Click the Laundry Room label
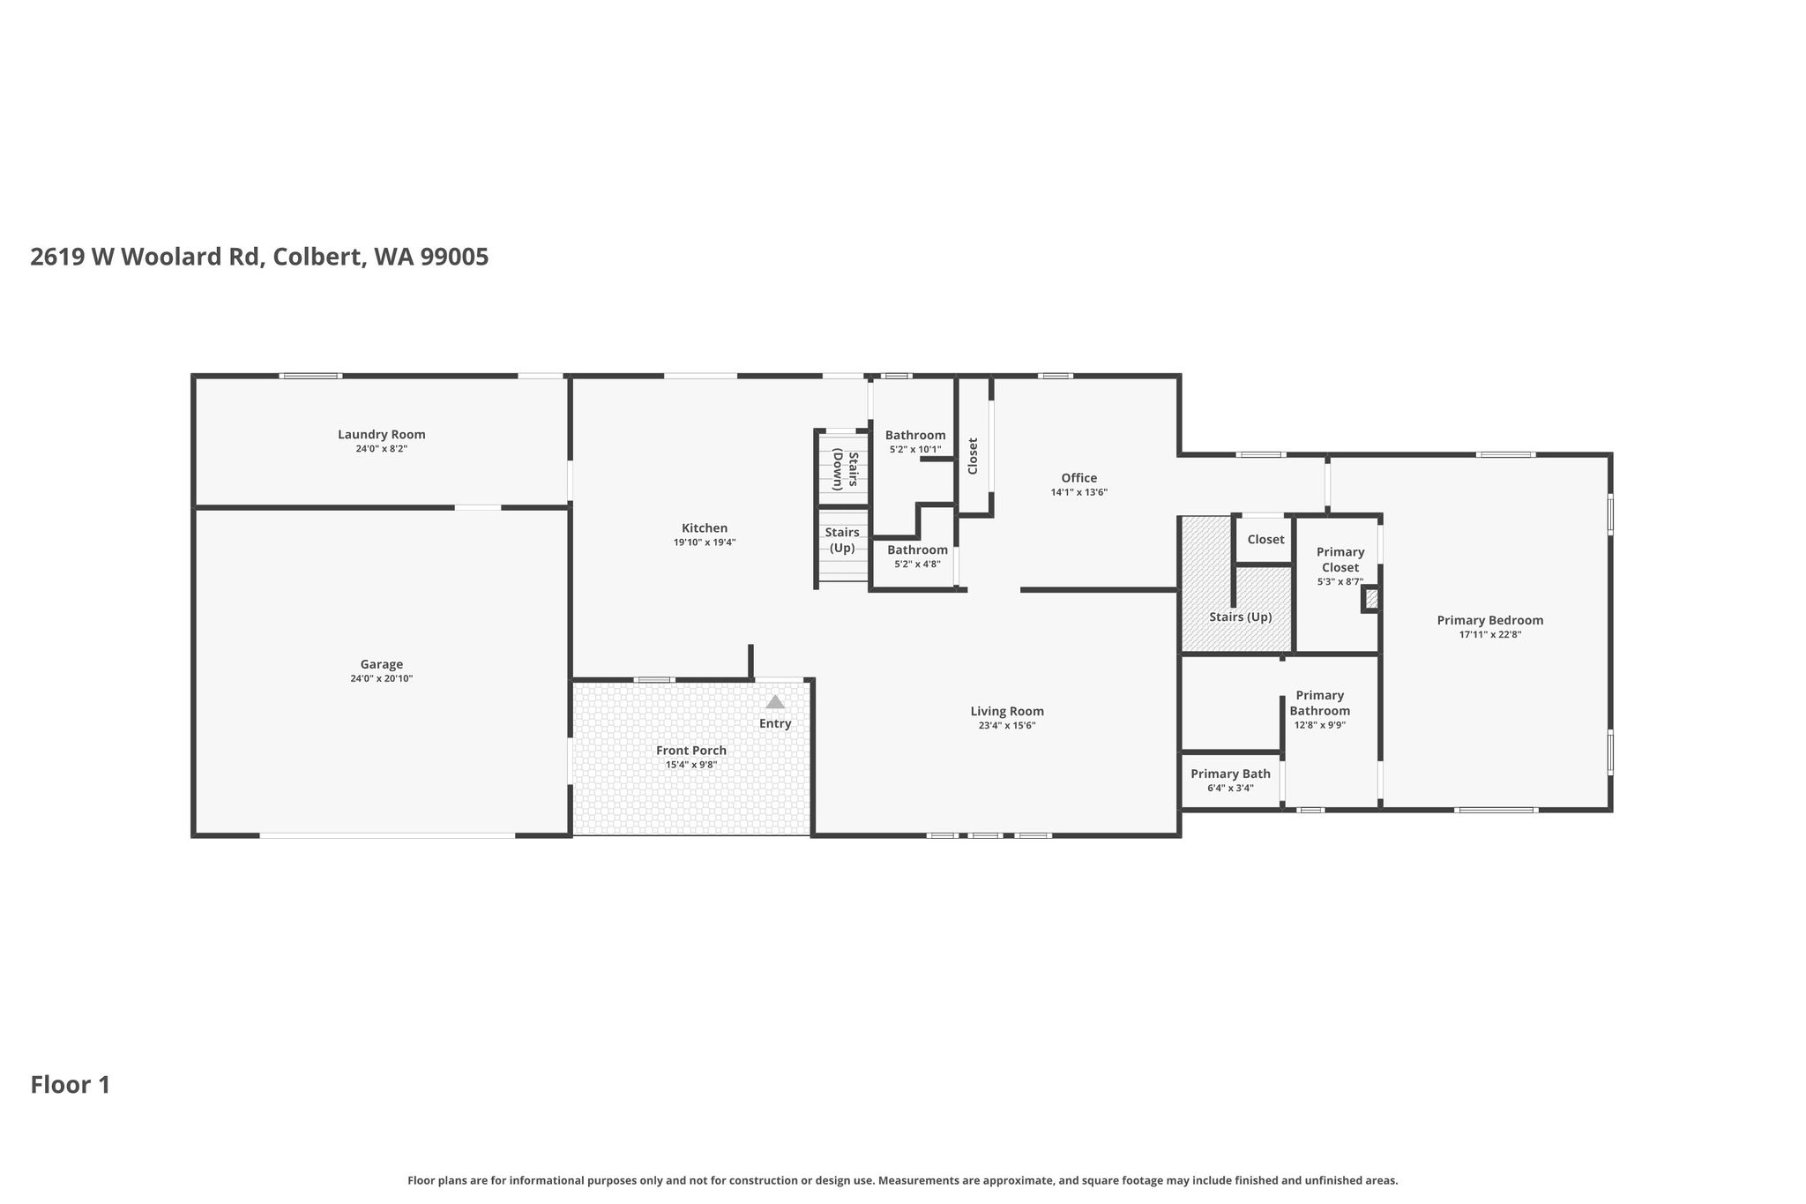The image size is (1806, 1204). [x=381, y=434]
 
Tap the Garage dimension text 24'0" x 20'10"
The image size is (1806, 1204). [x=381, y=678]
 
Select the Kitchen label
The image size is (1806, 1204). [x=705, y=528]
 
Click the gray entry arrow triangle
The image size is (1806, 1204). [x=775, y=702]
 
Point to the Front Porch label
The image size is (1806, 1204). [x=691, y=751]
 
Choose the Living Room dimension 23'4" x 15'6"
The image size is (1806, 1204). [x=1007, y=725]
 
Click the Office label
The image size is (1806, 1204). [x=1079, y=478]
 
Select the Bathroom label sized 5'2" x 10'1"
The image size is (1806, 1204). [x=915, y=435]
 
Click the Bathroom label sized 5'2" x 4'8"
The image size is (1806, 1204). [x=917, y=550]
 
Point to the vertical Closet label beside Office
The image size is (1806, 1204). [x=973, y=456]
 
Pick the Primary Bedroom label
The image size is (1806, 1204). [x=1490, y=620]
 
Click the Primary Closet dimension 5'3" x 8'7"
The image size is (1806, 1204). [x=1340, y=581]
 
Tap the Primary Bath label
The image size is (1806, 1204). [x=1230, y=774]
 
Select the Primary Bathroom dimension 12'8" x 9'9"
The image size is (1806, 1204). [x=1320, y=725]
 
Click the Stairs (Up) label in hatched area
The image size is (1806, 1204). [x=1241, y=617]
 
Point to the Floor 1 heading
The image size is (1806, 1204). [x=71, y=1085]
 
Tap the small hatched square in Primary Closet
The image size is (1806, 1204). [x=1371, y=599]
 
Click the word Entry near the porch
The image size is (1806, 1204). [x=775, y=723]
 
